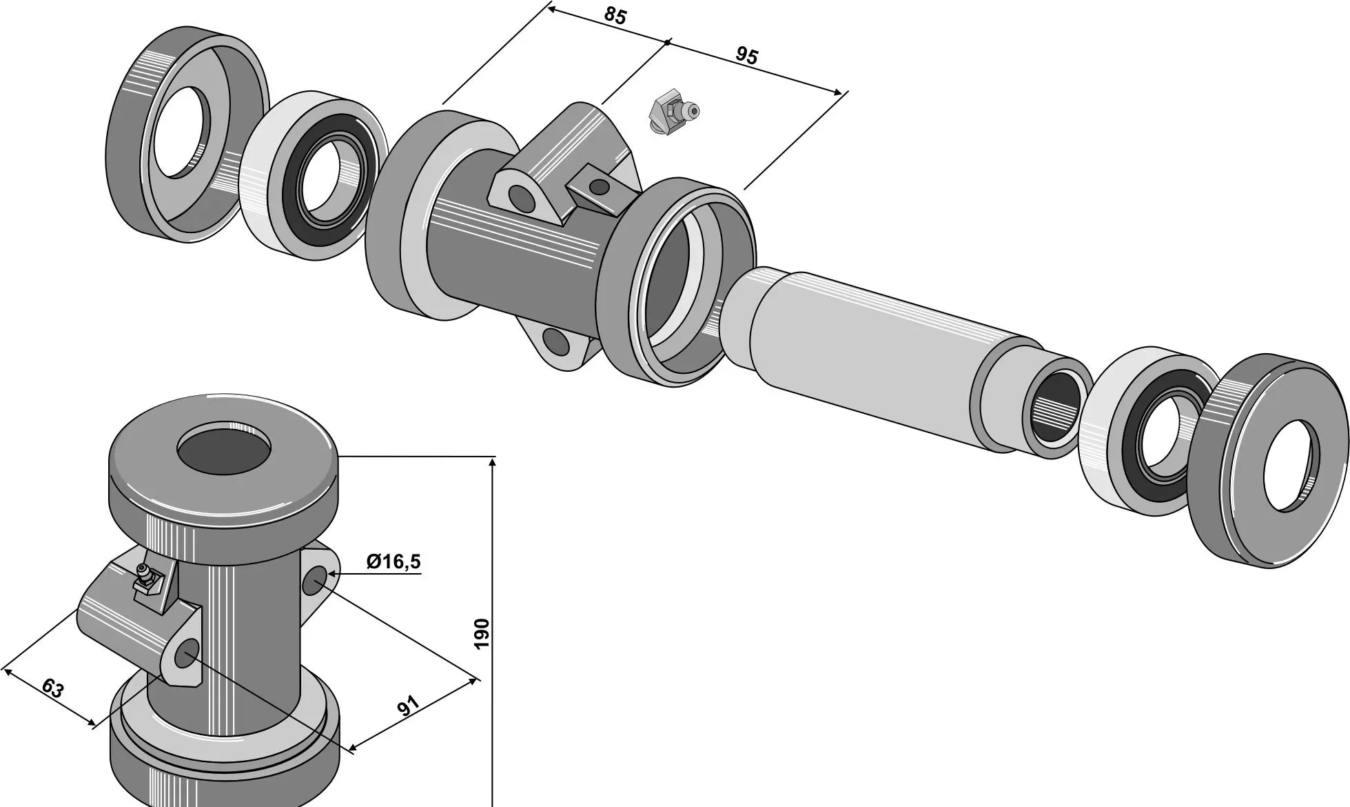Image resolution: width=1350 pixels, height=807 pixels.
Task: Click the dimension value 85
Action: pos(615,15)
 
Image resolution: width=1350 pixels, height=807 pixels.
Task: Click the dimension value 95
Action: pos(747,55)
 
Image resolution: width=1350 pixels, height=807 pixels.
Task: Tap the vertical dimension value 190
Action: pos(482,633)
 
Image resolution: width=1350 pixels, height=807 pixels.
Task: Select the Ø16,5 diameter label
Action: pos(393,561)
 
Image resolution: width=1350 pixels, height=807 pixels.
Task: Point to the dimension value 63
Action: pos(52,688)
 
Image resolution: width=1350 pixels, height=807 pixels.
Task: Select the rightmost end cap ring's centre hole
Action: pos(1291,466)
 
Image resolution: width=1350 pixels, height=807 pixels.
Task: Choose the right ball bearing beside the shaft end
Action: pos(1147,431)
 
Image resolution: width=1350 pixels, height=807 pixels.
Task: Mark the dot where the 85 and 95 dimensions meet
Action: pos(667,43)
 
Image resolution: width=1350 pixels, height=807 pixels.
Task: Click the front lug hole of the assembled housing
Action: pos(186,653)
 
